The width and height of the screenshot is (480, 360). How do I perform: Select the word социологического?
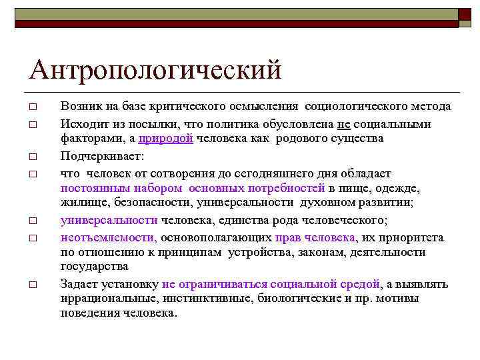pos(355,107)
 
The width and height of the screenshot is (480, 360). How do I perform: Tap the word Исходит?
pos(82,124)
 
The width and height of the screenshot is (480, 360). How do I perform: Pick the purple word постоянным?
pos(91,188)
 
